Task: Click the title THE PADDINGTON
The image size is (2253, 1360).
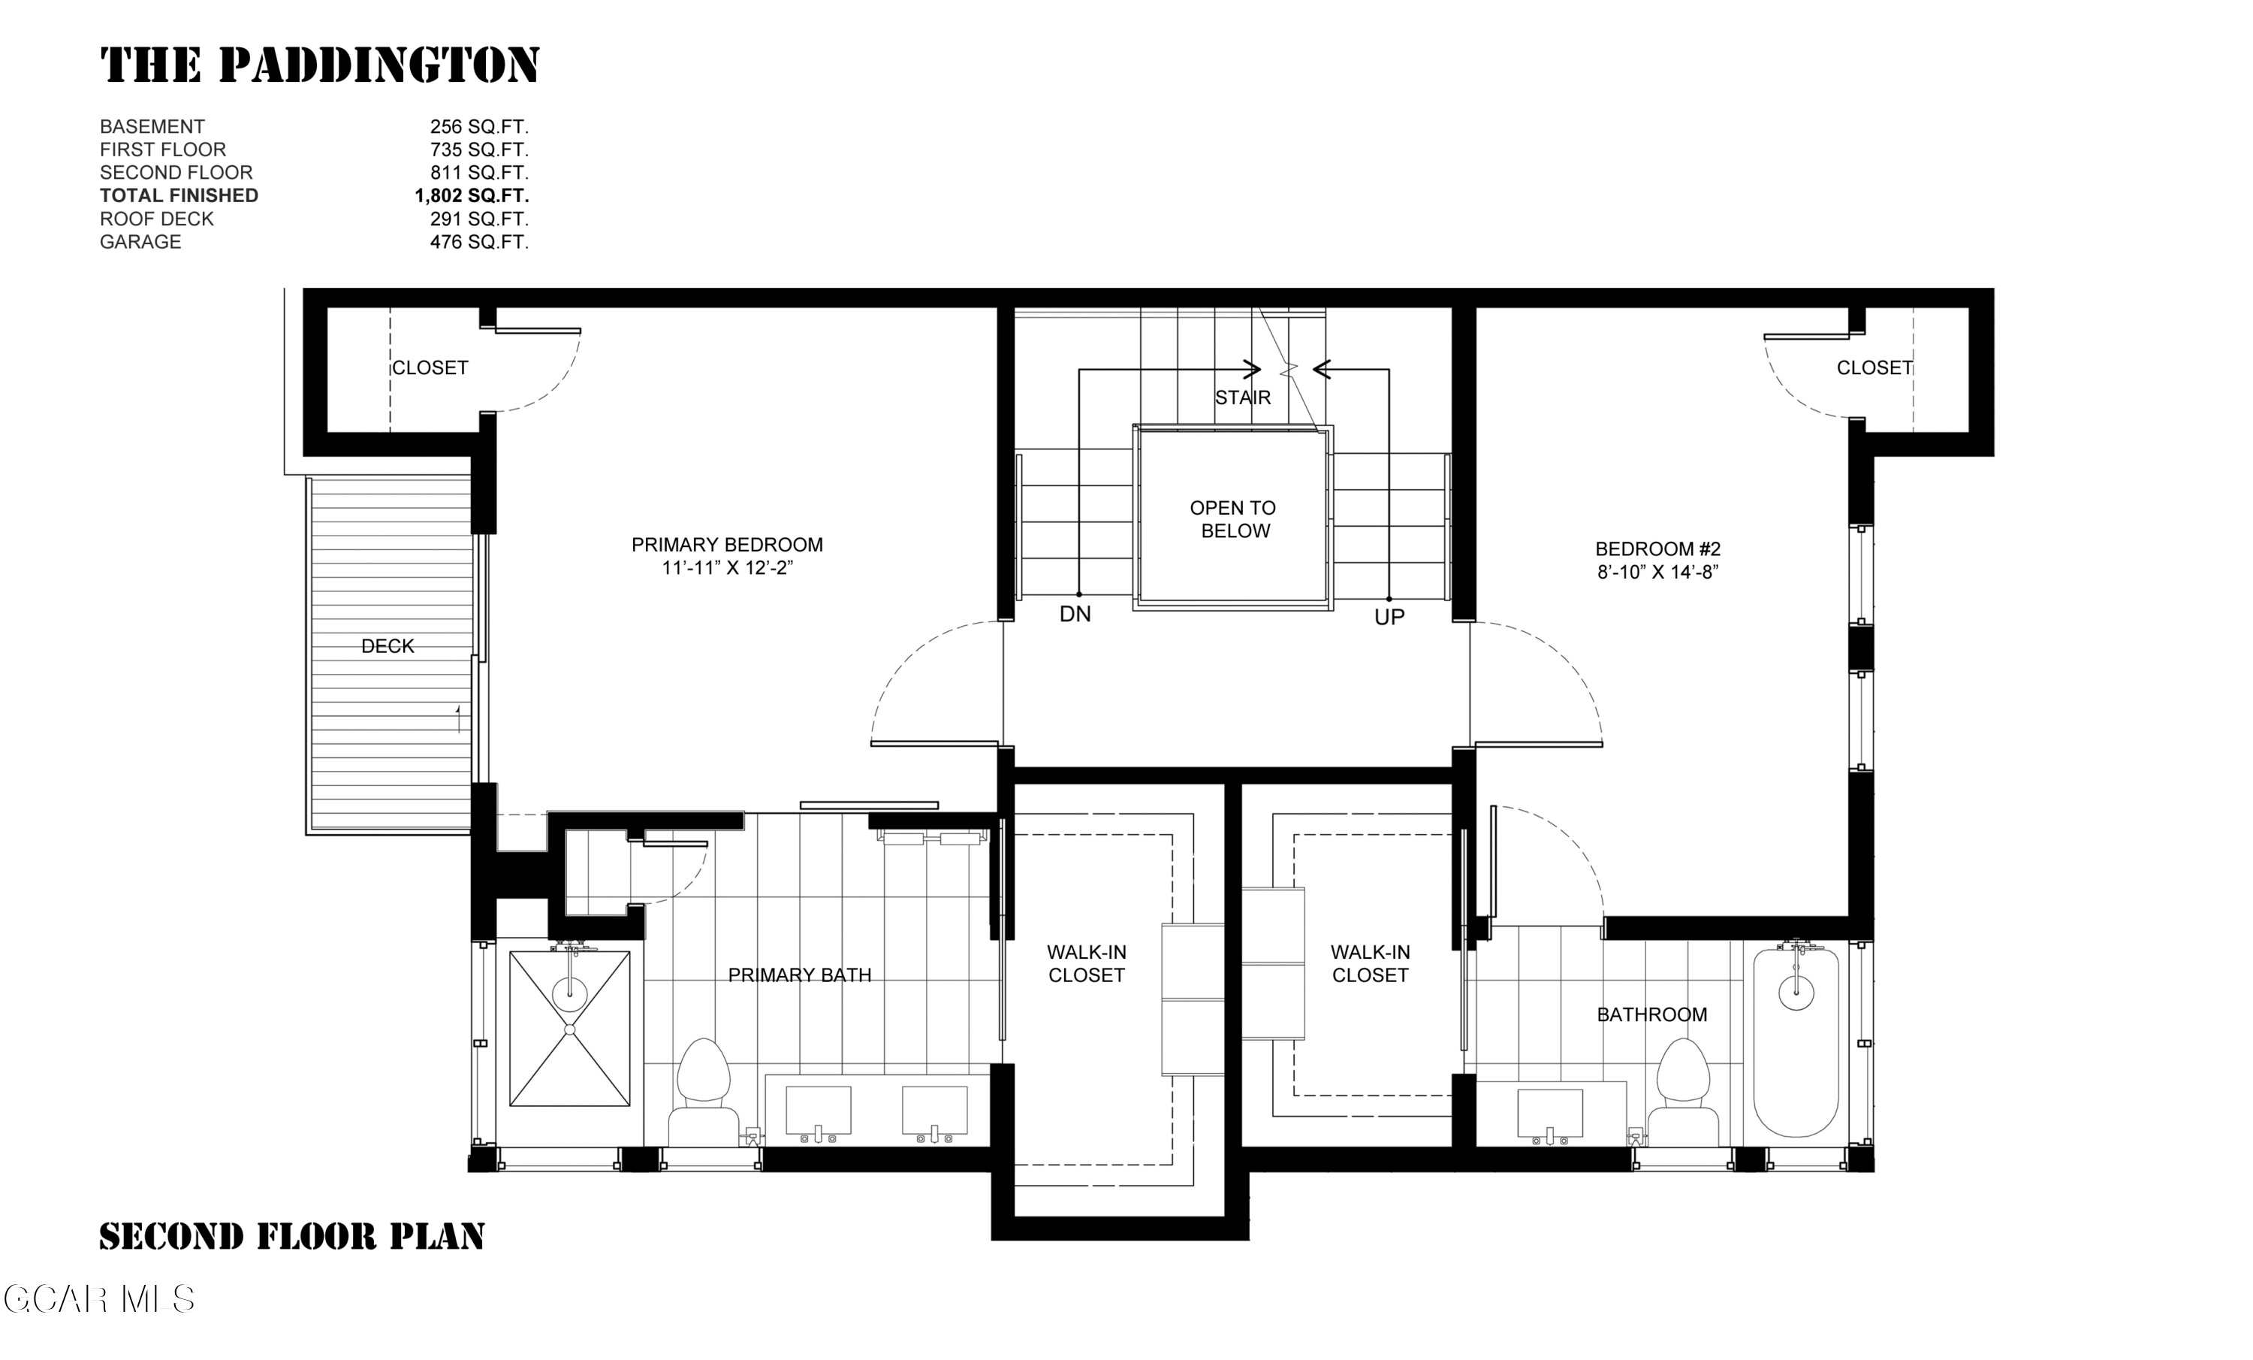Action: [x=320, y=66]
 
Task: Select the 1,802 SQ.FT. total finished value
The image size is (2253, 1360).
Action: [x=471, y=195]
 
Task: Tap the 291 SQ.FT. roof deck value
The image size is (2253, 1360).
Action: [x=479, y=219]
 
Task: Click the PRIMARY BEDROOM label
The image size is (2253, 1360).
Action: [x=727, y=545]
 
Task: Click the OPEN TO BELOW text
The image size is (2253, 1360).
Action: [x=1233, y=518]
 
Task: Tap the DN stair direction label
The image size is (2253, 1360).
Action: [x=1075, y=614]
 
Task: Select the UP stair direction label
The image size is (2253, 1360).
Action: [x=1389, y=618]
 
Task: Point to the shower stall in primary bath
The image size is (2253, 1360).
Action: [x=570, y=1029]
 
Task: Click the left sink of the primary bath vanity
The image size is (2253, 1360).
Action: [x=819, y=1111]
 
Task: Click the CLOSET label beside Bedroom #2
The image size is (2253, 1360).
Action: [x=1874, y=367]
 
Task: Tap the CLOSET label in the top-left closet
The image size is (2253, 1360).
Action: [x=430, y=367]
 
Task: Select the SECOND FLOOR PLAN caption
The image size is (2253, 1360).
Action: [x=291, y=1237]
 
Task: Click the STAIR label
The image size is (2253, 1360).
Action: [x=1243, y=397]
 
